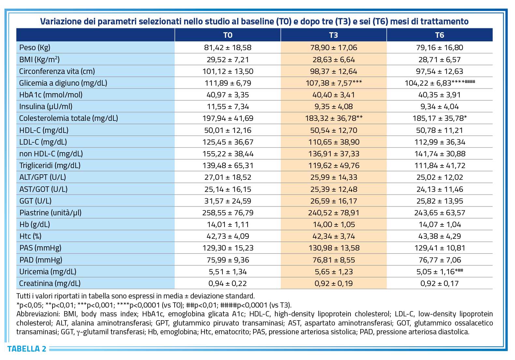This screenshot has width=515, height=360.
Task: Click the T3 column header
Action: pos(333,35)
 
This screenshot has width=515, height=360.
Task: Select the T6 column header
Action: pos(439,35)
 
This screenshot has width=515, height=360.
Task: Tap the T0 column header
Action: pos(228,35)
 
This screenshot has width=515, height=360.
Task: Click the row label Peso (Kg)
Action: pos(35,48)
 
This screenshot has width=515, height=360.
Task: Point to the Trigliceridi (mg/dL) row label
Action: pos(50,166)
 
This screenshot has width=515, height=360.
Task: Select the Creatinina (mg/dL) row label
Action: pos(50,283)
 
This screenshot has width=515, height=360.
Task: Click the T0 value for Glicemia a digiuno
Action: pos(228,83)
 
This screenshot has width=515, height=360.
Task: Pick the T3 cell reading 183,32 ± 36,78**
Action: pos(334,118)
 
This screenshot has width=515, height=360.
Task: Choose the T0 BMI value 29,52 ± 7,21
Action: pos(228,60)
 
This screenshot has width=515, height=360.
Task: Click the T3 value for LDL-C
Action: pos(334,142)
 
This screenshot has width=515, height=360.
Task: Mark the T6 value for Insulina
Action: pos(439,107)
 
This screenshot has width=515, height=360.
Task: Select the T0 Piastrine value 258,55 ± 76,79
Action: pos(228,213)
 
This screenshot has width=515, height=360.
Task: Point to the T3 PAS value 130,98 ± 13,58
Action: pos(334,248)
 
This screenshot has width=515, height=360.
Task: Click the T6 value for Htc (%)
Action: pos(439,236)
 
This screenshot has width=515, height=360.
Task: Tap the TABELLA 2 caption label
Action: pos(27,349)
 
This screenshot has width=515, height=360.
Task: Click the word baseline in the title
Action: pos(257,22)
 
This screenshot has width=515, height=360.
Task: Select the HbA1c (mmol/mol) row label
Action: pos(51,95)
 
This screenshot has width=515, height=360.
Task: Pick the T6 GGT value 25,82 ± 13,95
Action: pos(439,201)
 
